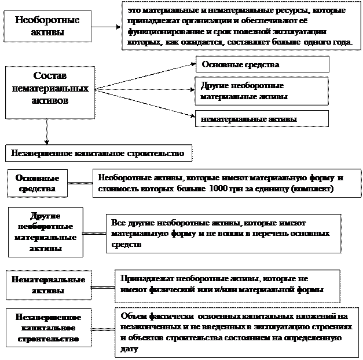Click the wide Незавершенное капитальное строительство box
(98, 154)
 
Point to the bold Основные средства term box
(36, 183)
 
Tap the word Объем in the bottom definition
(132, 317)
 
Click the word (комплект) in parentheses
(312, 189)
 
